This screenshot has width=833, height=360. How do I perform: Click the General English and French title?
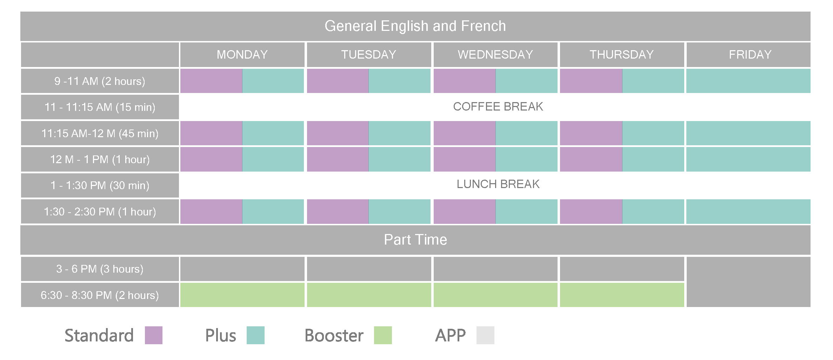click(415, 26)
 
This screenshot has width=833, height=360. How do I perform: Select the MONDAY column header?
click(242, 54)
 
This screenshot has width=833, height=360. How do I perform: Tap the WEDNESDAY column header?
click(495, 54)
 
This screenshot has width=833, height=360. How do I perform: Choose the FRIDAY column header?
click(750, 54)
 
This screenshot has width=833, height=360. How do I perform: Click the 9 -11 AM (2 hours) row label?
click(100, 81)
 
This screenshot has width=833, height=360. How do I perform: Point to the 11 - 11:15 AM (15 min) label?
click(100, 107)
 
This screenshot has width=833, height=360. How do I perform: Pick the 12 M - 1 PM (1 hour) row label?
click(100, 159)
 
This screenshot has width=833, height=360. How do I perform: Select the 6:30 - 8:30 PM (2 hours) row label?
click(100, 295)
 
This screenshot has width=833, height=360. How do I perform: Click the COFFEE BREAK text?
click(498, 106)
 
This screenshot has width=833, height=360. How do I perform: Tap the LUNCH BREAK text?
click(498, 184)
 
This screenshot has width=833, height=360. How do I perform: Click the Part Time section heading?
click(415, 240)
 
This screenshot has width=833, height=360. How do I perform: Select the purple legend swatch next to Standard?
click(154, 335)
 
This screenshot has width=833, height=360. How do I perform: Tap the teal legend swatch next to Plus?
click(255, 335)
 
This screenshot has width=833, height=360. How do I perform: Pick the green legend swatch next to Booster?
click(383, 335)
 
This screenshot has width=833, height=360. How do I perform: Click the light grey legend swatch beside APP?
click(485, 335)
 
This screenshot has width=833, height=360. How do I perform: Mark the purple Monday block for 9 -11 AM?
click(211, 81)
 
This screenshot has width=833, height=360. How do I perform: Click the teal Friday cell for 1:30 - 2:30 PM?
click(748, 212)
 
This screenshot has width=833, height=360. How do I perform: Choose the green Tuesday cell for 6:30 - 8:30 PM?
click(369, 295)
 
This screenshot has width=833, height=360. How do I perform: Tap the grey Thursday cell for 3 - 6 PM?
click(622, 269)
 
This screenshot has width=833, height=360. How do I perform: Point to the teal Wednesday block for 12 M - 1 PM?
click(526, 159)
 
